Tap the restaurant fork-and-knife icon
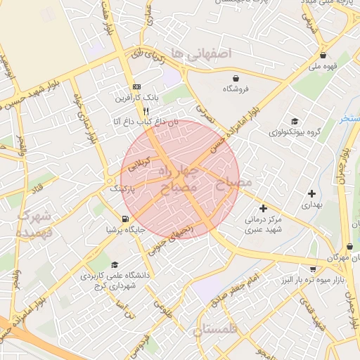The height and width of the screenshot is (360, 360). point(146,110)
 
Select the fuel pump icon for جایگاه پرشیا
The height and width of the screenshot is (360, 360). point(125,219)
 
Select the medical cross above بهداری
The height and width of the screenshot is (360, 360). point(311,193)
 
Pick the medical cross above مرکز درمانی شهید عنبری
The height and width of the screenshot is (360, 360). point(263,208)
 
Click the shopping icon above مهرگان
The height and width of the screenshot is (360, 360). point(349,247)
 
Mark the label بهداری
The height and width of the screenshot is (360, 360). point(311,205)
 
